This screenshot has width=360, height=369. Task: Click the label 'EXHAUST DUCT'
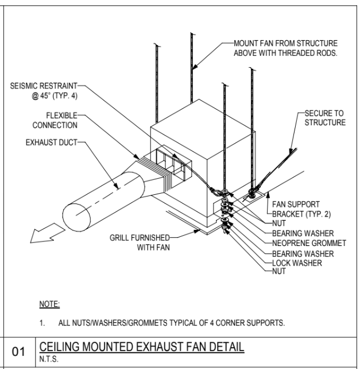point(52,143)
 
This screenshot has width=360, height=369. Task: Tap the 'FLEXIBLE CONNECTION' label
point(55,120)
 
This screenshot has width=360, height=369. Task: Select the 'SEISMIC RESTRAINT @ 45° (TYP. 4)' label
point(44,91)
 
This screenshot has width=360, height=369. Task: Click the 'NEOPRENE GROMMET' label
point(309,243)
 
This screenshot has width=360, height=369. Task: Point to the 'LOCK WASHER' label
point(297,263)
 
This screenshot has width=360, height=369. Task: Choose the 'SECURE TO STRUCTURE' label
point(325,118)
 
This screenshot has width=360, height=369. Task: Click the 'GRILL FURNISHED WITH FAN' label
point(140,243)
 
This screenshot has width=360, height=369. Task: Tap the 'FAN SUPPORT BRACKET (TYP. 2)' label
point(301,209)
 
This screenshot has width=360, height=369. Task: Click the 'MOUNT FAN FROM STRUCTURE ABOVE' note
point(285,48)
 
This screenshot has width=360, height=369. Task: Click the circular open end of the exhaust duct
point(77,217)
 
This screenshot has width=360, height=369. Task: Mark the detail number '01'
point(18,352)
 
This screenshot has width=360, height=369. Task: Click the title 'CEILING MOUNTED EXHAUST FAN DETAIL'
point(142,347)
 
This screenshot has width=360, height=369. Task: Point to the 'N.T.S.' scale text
point(49,359)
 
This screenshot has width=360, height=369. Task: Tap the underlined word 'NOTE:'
point(49,304)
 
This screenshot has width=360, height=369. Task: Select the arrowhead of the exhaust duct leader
point(116,186)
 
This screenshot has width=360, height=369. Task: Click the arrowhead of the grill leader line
point(196,231)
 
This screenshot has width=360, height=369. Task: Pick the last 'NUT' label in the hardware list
point(279,271)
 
